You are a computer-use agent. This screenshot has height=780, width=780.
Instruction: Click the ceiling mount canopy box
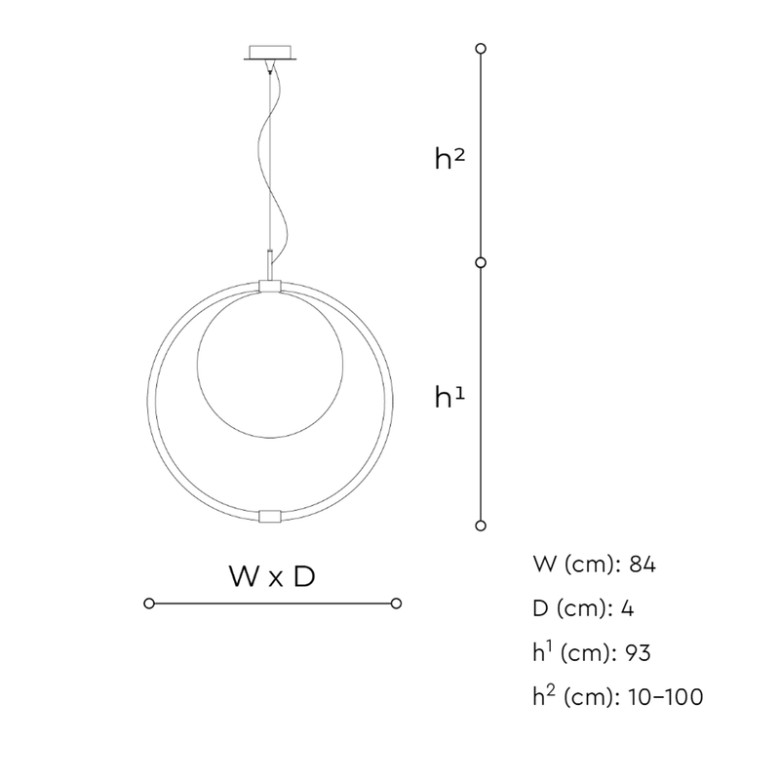tap(270, 53)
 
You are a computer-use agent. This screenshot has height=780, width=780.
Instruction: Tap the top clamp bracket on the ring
tap(270, 286)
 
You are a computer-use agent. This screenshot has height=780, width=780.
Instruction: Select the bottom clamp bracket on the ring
tap(270, 516)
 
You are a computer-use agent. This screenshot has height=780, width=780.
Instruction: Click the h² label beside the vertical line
tap(449, 159)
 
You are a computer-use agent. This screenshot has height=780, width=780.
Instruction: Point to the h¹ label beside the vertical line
tap(449, 398)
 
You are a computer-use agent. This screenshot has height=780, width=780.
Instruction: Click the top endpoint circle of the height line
tap(481, 48)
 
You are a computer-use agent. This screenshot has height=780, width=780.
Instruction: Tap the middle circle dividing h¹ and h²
tap(481, 262)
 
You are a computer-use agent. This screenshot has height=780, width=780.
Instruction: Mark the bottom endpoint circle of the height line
tap(481, 526)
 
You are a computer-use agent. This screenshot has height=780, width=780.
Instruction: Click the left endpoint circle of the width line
tap(149, 604)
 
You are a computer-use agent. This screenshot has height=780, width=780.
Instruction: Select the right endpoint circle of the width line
tap(396, 604)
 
